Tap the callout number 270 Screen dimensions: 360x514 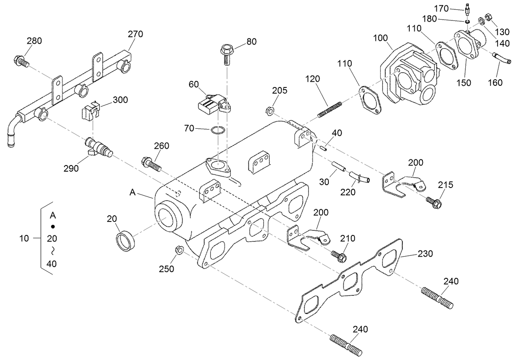(135, 34)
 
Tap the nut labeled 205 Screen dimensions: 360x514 (270, 110)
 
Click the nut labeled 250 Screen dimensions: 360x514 (178, 250)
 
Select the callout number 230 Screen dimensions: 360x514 (425, 254)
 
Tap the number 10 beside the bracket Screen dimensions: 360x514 (24, 238)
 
